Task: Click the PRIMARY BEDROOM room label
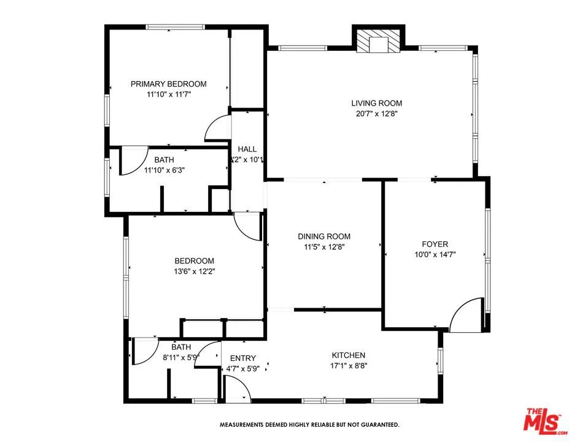(x=168, y=84)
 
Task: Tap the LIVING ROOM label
(x=376, y=103)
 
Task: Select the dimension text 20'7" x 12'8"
(x=376, y=114)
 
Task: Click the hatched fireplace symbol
(x=378, y=44)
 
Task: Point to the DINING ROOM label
(x=324, y=236)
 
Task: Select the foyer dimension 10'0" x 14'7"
(x=435, y=254)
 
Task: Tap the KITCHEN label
(x=349, y=355)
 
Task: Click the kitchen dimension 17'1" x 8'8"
(x=349, y=366)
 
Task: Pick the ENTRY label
(x=242, y=359)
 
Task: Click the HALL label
(x=247, y=149)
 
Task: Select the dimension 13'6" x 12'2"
(x=193, y=271)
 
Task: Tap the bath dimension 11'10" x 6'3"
(x=164, y=170)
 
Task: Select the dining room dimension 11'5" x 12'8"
(x=324, y=247)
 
